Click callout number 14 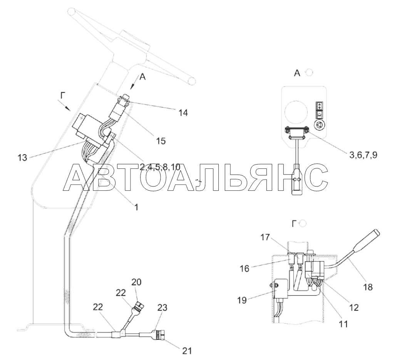tap(183, 113)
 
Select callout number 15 tap(161, 141)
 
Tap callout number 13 tap(22, 158)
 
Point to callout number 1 tap(136, 207)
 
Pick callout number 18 tap(368, 287)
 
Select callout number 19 tap(242, 300)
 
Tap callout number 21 tap(187, 351)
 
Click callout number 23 tap(162, 308)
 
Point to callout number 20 tap(136, 282)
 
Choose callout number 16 tap(245, 269)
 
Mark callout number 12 tap(354, 308)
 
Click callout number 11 tap(343, 324)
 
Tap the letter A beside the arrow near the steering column tap(143, 77)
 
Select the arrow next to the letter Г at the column tap(64, 105)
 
